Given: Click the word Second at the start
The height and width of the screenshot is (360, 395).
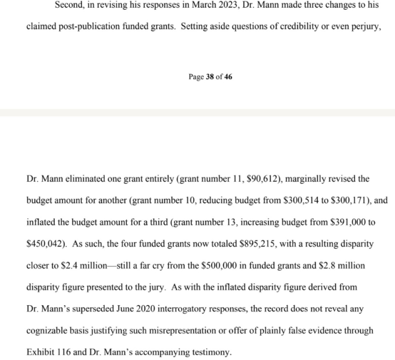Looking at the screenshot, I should click(70, 4).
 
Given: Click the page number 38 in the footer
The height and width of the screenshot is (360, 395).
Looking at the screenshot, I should click(209, 77).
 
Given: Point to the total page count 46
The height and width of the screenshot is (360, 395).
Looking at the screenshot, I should click(228, 77).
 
